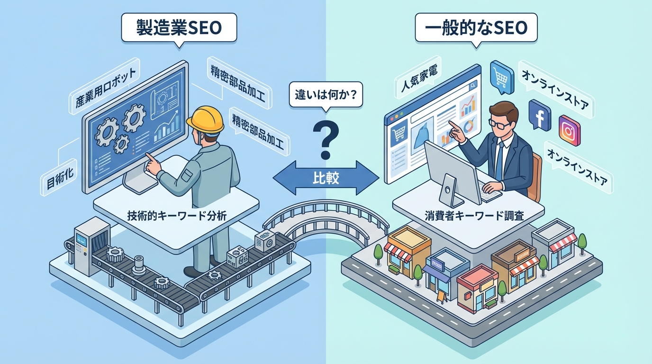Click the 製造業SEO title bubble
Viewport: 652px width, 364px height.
179,28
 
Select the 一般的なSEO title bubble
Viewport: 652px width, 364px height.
476,28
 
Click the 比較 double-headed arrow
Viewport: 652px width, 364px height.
326,178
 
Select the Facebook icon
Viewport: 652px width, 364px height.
539,113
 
